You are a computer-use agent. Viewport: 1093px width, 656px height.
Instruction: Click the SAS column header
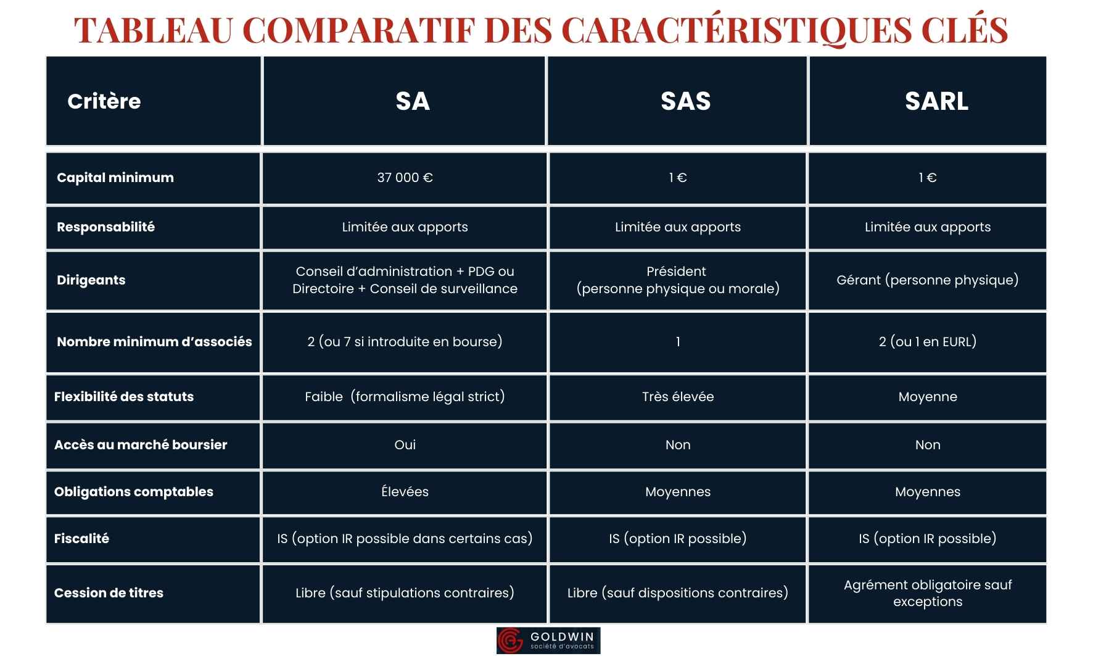pos(685,101)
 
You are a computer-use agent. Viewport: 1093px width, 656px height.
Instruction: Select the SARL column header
pos(936,101)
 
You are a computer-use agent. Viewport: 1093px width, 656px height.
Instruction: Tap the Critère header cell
pos(104,101)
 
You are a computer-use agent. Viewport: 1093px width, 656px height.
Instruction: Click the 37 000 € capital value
pos(405,178)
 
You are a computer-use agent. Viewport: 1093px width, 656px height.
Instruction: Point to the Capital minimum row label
pos(115,178)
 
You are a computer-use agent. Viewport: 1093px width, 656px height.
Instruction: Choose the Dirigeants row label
pos(91,280)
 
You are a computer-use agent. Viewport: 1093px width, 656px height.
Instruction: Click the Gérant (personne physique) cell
pos(927,280)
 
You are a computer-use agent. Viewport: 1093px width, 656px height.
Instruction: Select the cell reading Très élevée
pos(677,397)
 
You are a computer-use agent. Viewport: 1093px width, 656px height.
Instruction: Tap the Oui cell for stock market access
pos(405,445)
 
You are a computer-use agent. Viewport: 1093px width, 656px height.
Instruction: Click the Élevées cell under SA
pos(405,492)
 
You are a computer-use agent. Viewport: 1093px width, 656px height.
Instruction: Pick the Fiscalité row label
pos(81,539)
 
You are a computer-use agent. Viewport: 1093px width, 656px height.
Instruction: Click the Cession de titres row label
pos(109,593)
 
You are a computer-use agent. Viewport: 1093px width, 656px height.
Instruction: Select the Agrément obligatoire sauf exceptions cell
pos(927,593)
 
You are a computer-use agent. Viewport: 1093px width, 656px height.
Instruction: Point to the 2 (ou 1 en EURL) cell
pos(927,342)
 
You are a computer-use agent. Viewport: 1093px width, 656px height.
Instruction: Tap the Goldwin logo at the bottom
pos(548,641)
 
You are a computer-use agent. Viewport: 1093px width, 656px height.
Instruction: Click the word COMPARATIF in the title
pos(360,30)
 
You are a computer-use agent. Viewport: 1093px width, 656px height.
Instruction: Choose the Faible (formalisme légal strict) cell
pos(405,397)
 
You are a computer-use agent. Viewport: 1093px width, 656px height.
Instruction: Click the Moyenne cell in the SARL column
pos(927,397)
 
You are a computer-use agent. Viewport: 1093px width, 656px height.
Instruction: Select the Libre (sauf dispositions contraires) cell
pos(677,593)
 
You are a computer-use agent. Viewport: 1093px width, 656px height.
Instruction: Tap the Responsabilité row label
pos(105,227)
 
